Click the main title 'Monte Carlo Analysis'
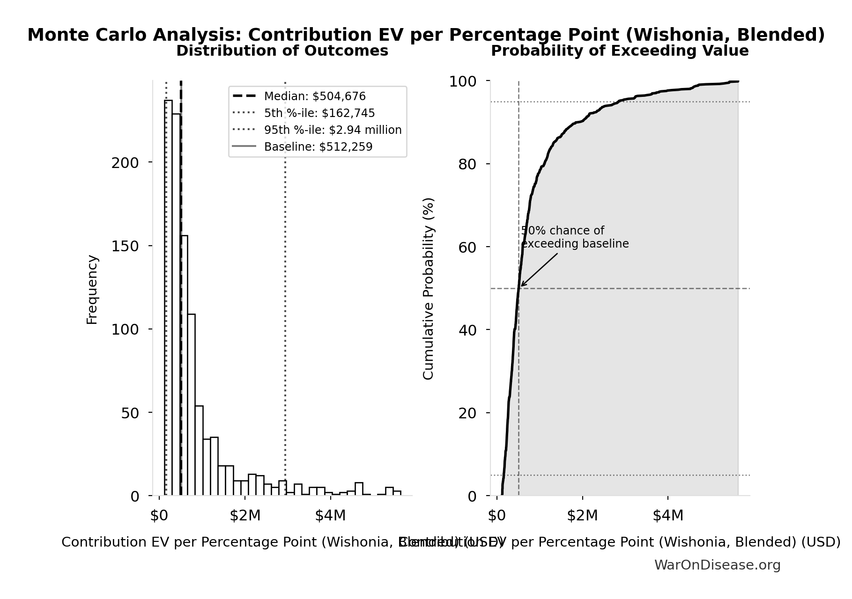(x=426, y=35)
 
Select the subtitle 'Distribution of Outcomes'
(x=282, y=51)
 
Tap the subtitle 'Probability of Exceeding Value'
(x=619, y=51)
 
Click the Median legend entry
(x=314, y=96)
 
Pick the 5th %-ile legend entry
(x=319, y=113)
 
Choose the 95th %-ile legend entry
(x=333, y=130)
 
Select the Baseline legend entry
(x=318, y=147)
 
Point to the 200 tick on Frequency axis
(x=125, y=163)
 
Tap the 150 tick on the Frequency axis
(x=125, y=246)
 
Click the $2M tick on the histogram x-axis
(x=245, y=516)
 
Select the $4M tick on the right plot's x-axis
(x=668, y=516)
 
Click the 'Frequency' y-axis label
(x=92, y=290)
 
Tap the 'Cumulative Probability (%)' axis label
(x=428, y=288)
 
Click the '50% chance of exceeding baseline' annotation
(x=574, y=237)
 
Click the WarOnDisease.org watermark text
(x=717, y=565)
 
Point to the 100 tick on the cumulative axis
(x=463, y=82)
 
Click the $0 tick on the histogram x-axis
(x=159, y=516)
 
